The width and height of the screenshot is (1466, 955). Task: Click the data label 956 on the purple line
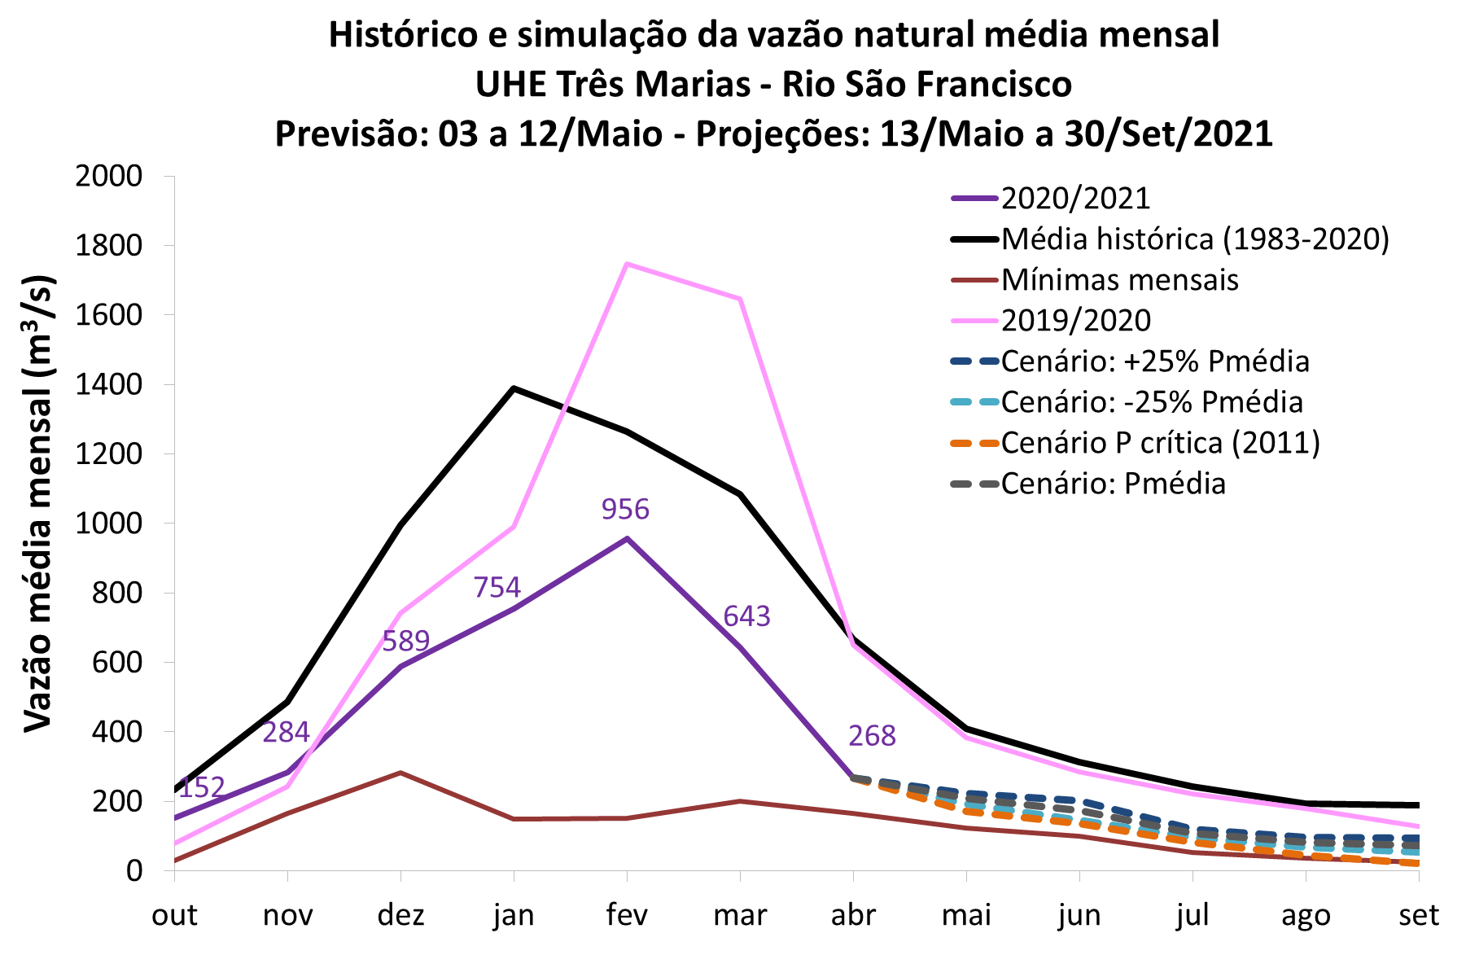(x=625, y=510)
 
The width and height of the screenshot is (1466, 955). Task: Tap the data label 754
(x=497, y=587)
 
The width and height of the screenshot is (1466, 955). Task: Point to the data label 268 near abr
(x=872, y=736)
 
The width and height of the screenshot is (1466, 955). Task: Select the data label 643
(x=746, y=616)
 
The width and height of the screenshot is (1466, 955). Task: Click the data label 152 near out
(x=202, y=787)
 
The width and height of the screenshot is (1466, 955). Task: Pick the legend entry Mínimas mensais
(x=1119, y=280)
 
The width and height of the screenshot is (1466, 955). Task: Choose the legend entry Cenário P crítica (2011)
(x=1160, y=443)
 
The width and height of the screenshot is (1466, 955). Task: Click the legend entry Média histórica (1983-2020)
(x=1195, y=239)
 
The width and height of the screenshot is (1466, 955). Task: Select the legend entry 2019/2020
(x=1075, y=321)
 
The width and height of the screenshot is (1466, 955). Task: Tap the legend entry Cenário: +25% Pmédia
(x=1155, y=361)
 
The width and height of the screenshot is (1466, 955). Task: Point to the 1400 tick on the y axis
(x=108, y=384)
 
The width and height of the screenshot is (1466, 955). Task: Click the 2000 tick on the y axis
(x=108, y=176)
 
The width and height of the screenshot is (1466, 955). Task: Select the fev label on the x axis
(x=627, y=915)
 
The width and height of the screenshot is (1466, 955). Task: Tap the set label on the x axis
(x=1418, y=915)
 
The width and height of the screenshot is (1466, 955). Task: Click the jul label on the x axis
(x=1192, y=915)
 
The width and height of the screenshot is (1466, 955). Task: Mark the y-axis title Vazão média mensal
(x=38, y=505)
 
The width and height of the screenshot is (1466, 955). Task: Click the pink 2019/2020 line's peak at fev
(x=627, y=264)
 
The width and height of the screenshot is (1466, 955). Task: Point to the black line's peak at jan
(x=514, y=388)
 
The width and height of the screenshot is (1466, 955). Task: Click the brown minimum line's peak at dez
(x=400, y=772)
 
